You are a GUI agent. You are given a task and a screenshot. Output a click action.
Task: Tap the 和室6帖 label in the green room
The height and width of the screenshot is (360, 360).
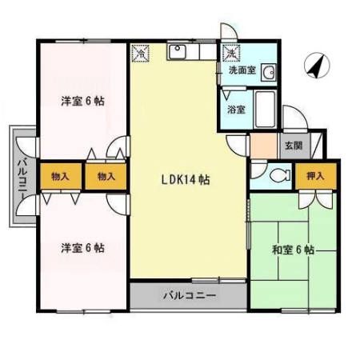point(293,250)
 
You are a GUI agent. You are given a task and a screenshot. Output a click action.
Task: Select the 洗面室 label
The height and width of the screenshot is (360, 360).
point(242,71)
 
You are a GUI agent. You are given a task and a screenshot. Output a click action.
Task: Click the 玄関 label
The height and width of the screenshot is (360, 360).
point(293,146)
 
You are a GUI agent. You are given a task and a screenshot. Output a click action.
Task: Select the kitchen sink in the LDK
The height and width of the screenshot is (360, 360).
point(178,54)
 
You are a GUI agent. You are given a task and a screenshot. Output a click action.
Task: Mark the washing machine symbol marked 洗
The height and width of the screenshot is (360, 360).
point(231,53)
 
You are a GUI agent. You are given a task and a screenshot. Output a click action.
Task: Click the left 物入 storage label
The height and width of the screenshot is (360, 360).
point(59,175)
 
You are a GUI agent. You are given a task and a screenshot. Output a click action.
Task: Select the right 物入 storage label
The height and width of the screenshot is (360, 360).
point(106,175)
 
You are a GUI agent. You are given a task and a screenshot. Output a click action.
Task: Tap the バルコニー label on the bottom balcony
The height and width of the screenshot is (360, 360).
point(190,295)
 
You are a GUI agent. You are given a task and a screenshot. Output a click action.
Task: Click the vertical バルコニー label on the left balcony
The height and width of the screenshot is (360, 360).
point(22,175)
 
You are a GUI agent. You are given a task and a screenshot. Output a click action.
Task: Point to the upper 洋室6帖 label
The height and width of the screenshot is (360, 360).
point(83,102)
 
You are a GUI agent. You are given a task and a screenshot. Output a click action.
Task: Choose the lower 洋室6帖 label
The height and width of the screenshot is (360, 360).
point(83,248)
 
